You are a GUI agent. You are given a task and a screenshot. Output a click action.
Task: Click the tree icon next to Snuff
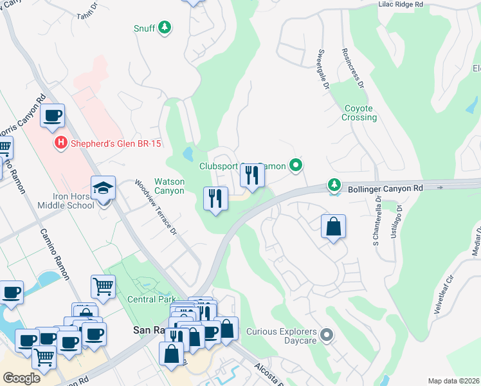coord(165,28)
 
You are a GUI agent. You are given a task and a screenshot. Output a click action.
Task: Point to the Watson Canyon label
coord(169,186)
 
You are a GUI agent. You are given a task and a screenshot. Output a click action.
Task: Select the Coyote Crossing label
coord(359,113)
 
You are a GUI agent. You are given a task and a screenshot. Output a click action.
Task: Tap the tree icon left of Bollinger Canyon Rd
coord(334,185)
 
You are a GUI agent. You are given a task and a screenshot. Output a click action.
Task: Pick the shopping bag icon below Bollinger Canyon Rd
coord(333,227)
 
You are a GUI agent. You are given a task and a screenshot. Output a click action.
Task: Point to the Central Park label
coord(151,299)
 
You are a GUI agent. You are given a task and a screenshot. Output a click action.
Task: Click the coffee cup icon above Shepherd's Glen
coord(52,116)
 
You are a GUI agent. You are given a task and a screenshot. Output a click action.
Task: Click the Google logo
coord(21,378)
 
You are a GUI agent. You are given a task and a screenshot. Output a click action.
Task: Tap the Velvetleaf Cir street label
coord(449,287)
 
